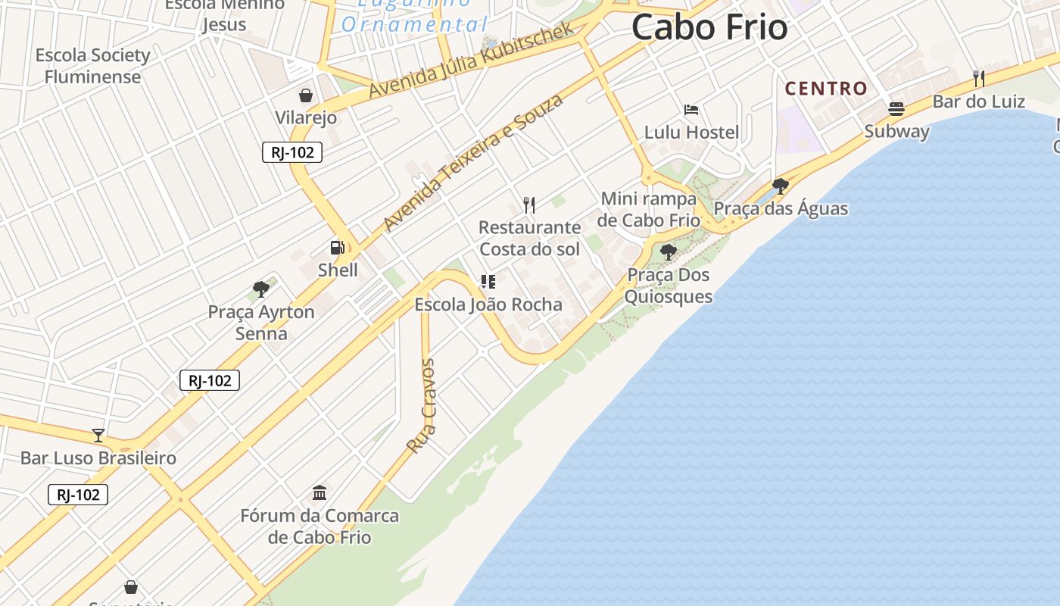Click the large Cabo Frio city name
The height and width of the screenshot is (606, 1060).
point(709,27)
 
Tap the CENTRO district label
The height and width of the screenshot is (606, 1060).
point(826,89)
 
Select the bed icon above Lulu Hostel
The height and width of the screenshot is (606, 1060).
point(691,110)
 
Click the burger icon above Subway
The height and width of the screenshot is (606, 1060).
point(896,108)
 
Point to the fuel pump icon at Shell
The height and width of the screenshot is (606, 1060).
point(337,247)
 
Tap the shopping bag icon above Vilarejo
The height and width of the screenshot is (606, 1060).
point(306,95)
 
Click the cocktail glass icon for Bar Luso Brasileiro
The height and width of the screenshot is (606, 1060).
point(98,435)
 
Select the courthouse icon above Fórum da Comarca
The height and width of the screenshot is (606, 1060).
point(320,492)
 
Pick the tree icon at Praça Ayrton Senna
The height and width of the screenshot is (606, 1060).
point(261,289)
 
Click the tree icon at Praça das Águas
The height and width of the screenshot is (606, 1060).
point(781,186)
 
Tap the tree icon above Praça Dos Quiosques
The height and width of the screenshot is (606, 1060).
point(668,251)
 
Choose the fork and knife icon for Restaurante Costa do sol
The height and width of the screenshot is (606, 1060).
point(529,205)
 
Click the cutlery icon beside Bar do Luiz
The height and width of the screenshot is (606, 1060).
point(978,78)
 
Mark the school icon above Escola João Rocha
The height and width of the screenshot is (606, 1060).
point(488,282)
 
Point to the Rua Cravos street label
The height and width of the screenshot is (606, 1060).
point(422,406)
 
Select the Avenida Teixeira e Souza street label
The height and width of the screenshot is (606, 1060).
point(474,162)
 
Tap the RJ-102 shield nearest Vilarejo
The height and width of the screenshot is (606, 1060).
point(292,152)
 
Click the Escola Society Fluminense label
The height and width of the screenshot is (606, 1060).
point(92,66)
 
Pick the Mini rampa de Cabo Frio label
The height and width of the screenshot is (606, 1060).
point(648,209)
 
